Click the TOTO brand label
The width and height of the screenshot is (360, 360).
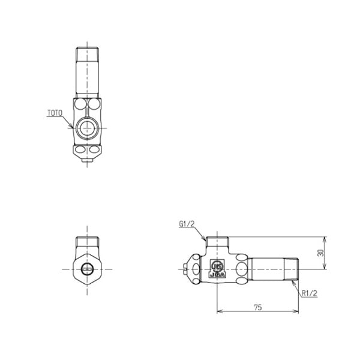55,112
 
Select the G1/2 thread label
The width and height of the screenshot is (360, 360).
187,224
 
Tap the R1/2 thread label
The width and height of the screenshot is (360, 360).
310,293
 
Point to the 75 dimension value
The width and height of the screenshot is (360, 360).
257,307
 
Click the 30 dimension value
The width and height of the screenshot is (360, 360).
320,253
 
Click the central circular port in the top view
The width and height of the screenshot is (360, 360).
88,128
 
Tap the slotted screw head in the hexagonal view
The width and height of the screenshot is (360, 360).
88,268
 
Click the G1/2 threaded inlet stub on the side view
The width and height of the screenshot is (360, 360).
216,243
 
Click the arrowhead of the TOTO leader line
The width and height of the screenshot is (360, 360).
73,127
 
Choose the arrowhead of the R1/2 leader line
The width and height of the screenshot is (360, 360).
295,282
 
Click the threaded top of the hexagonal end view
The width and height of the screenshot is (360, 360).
88,244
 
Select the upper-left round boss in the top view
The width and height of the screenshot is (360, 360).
80,106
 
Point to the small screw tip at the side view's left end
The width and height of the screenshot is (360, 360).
184,269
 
